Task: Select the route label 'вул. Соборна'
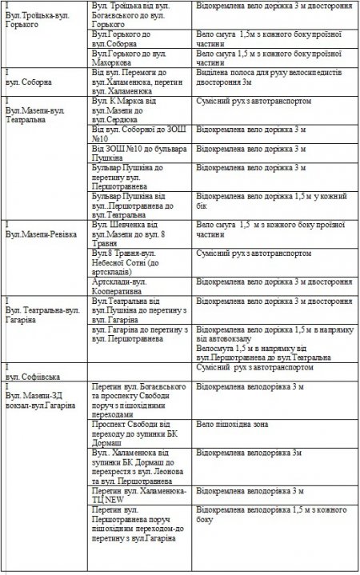(30, 82)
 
